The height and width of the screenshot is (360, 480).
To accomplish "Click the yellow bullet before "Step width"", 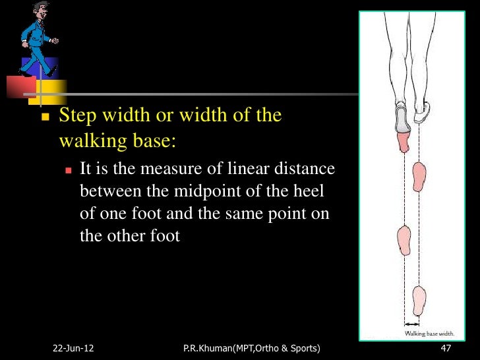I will coord(45,117).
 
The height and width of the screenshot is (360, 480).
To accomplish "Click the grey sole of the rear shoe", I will coord(402,119).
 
